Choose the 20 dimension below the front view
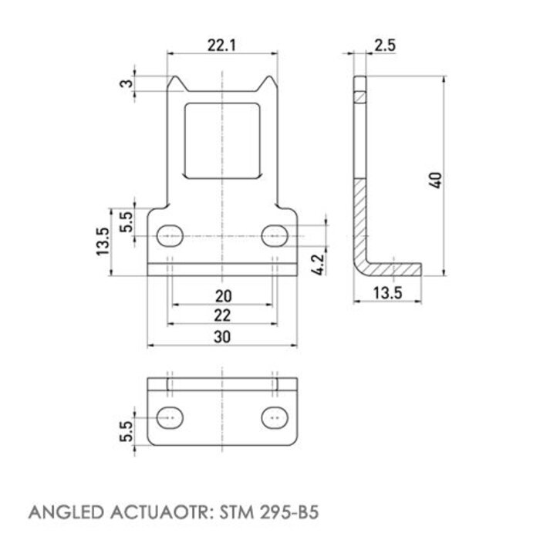221,295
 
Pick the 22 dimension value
221,315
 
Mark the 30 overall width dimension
221,336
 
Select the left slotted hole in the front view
170,235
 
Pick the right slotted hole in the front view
274,235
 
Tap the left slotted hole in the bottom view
170,417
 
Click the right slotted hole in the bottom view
274,417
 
